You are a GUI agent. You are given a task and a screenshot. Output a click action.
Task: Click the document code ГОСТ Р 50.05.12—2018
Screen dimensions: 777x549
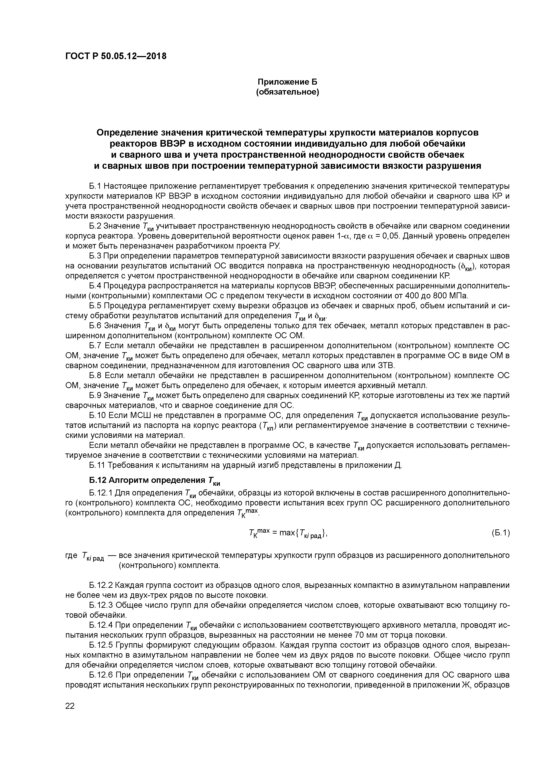pos(116,56)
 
